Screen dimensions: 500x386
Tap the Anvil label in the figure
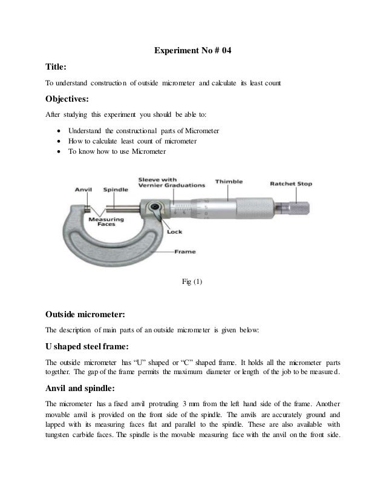tap(83, 189)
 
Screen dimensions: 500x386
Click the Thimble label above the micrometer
tap(229, 182)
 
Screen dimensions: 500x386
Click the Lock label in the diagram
tap(174, 231)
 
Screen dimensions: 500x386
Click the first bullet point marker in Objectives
tap(57, 131)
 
